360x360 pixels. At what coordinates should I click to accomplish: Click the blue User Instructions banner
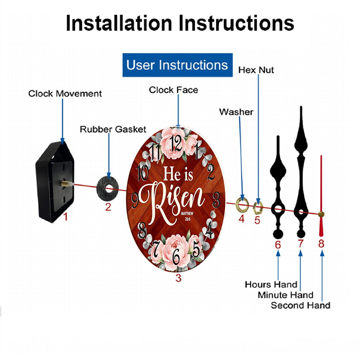tap(177, 65)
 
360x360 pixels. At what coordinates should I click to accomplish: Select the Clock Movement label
tap(65, 94)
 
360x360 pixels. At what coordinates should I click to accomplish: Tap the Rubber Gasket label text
tap(113, 129)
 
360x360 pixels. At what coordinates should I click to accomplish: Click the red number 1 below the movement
tap(65, 217)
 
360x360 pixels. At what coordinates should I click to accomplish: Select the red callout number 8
tap(321, 244)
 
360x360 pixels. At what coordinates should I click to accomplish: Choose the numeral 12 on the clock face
tap(176, 143)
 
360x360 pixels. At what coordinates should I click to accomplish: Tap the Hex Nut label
tap(256, 70)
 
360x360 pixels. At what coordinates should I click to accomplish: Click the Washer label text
tap(236, 112)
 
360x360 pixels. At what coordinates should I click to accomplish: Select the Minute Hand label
tap(285, 295)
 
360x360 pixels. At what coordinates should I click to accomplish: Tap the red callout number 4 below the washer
tap(242, 218)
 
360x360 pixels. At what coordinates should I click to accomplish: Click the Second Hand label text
tap(301, 306)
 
